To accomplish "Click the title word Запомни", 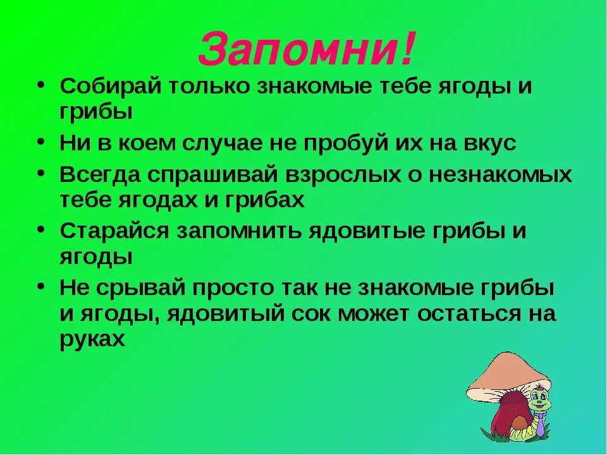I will pos(297,49).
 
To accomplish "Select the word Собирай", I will pos(109,87).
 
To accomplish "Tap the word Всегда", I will pos(100,174).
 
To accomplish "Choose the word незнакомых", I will pos(500,174).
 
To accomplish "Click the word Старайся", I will pos(115,231).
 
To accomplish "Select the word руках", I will pos(91,339).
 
